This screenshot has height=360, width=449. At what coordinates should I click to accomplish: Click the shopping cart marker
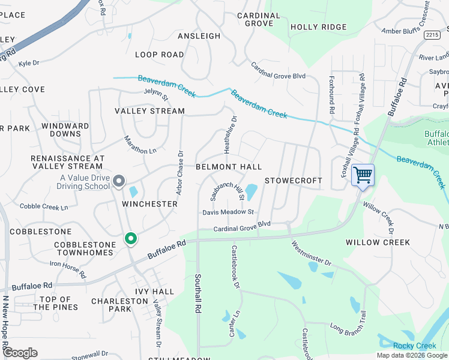click(363, 175)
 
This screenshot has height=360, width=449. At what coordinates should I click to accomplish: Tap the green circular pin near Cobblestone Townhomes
click(130, 239)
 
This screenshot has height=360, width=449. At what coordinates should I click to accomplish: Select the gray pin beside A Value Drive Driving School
click(119, 181)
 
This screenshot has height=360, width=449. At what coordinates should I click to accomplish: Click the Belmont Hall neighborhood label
click(229, 166)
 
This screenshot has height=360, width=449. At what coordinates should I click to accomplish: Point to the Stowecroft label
click(294, 181)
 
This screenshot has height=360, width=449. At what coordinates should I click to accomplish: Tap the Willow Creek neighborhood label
click(378, 242)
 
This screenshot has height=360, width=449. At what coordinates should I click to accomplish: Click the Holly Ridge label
click(318, 27)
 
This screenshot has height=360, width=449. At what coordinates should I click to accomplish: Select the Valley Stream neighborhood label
click(149, 111)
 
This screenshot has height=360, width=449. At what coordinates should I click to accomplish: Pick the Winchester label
click(149, 204)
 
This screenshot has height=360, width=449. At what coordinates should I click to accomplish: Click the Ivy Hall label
click(154, 292)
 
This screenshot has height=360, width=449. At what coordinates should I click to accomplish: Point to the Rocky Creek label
click(415, 346)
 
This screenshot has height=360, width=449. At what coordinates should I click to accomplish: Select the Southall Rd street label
click(197, 293)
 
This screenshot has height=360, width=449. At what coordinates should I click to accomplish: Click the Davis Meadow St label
click(229, 212)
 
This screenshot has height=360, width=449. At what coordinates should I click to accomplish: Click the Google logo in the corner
click(20, 353)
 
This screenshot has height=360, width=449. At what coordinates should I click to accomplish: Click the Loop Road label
click(159, 55)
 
